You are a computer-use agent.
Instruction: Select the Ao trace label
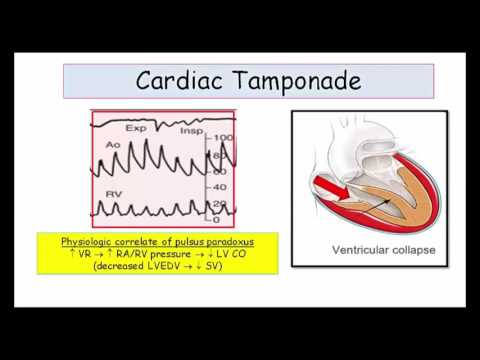pos(112,149)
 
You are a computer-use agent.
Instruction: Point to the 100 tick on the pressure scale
pos(223,137)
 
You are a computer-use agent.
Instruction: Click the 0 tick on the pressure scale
pos(216,218)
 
